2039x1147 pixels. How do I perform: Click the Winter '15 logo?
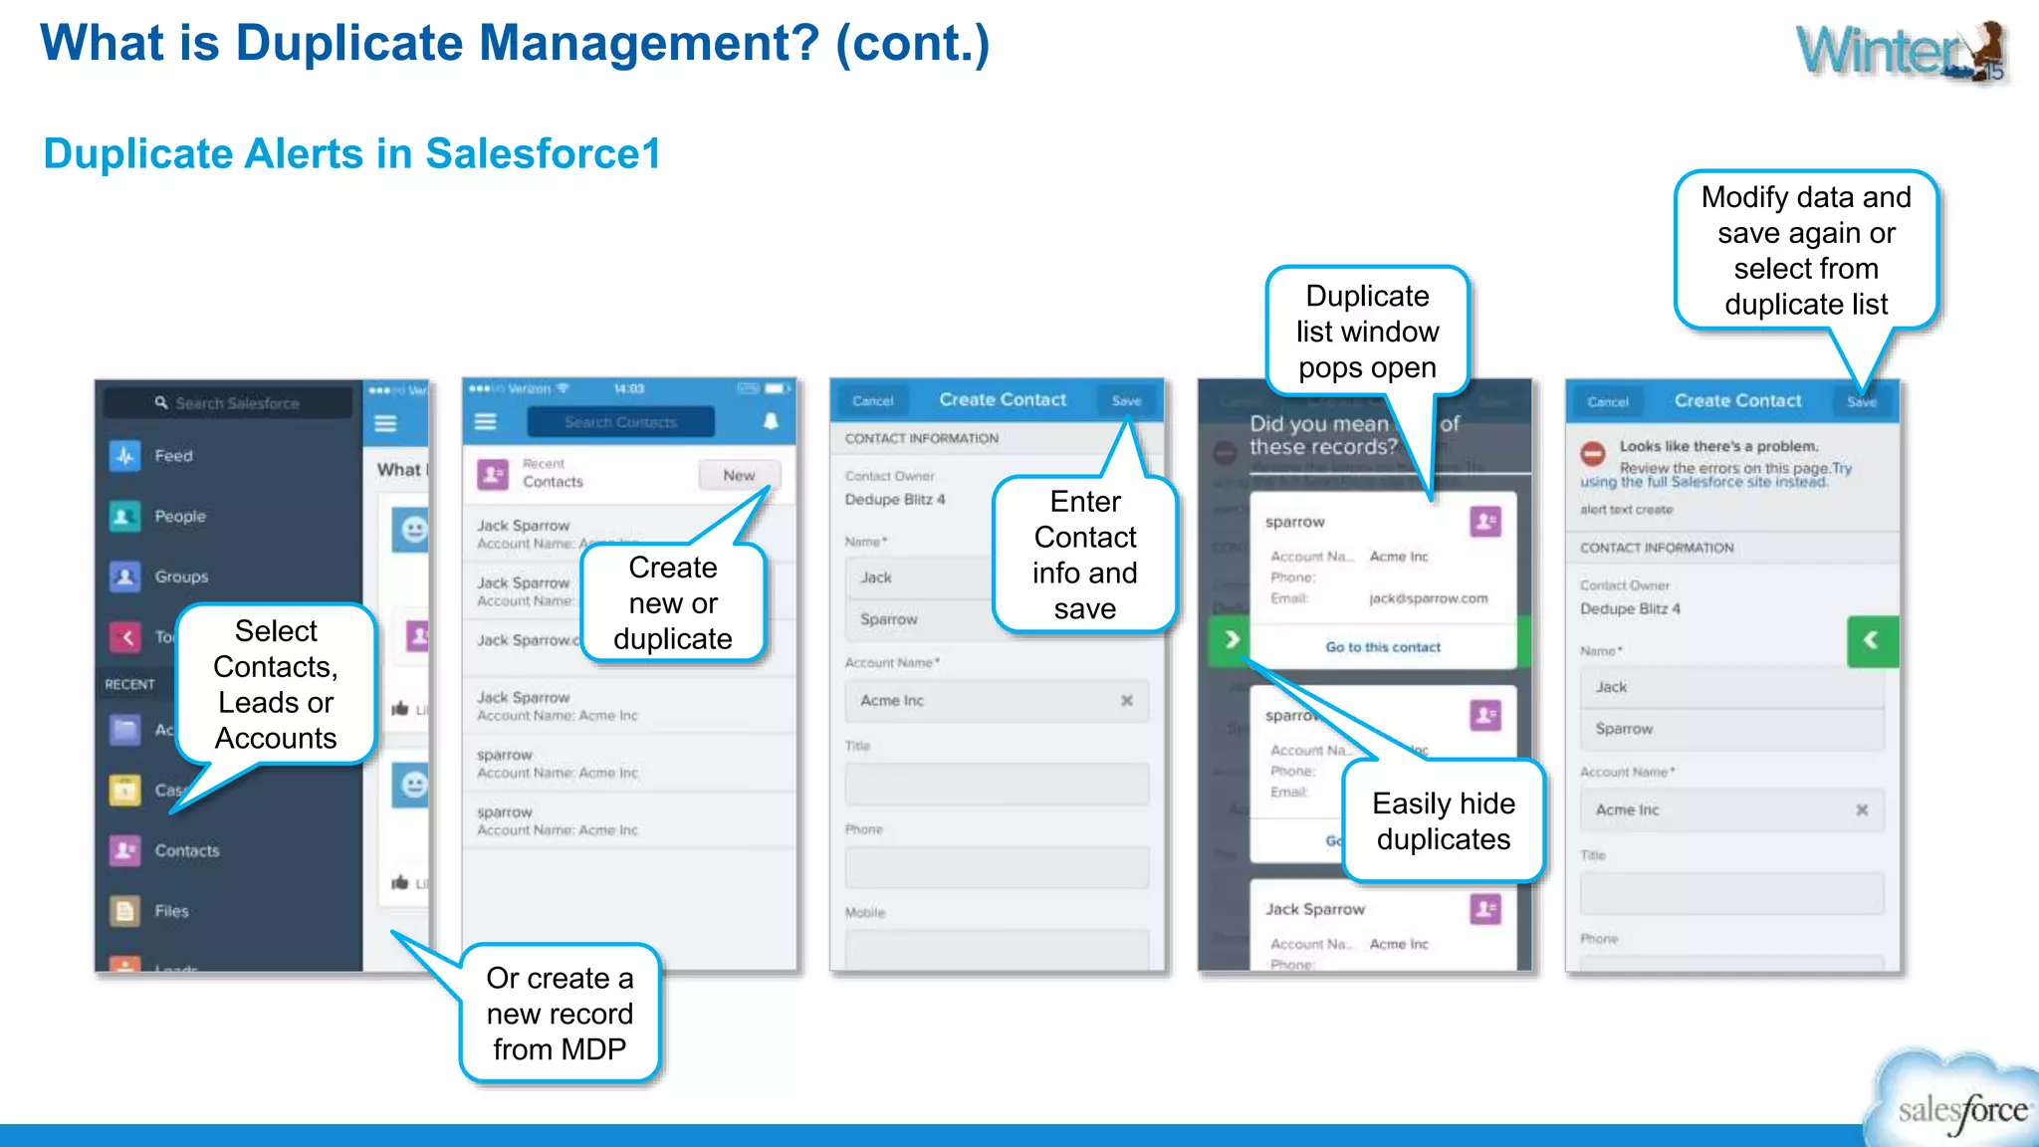1902,52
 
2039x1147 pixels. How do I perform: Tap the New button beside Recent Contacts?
738,476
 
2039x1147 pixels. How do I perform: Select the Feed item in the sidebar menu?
172,456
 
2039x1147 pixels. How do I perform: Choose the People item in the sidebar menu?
179,517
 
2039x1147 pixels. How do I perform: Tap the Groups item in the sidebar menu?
180,576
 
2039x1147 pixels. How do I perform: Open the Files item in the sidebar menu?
170,911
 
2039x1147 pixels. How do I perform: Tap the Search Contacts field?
620,422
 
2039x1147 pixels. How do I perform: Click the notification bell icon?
771,421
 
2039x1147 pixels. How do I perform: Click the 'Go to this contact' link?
1383,647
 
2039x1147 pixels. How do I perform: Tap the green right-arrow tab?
1232,639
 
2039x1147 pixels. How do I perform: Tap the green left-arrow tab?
1872,640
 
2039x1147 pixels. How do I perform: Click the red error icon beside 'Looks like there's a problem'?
1593,454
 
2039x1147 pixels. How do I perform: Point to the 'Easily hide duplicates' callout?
1443,821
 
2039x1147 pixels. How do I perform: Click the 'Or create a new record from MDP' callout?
560,1014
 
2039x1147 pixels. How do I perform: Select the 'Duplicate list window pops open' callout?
1367,332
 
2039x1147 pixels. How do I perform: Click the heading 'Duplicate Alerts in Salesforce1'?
351,154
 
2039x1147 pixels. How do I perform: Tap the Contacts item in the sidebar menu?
186,851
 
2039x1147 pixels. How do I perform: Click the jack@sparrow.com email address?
1428,598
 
